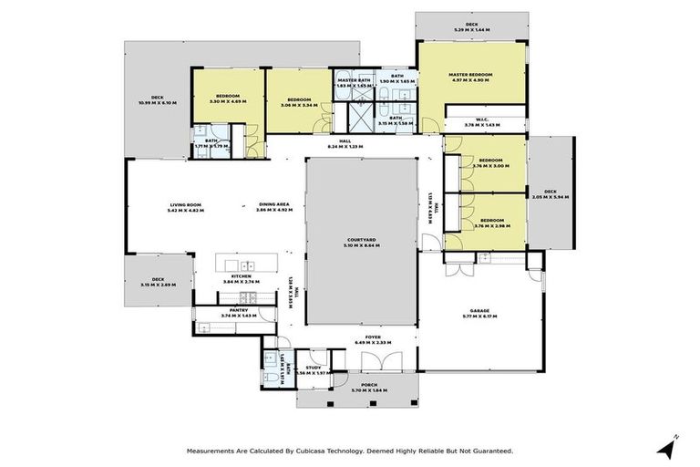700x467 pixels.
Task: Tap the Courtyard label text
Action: pos(362,239)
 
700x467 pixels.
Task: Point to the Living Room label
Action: pos(185,204)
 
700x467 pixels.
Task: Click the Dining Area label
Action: pos(273,204)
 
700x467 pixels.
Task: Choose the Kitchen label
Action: pos(241,275)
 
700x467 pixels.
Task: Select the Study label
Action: pos(314,367)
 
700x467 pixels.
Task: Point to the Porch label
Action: pos(369,385)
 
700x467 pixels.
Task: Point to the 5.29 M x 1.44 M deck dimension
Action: pos(471,30)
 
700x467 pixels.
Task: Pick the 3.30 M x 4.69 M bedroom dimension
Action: pos(227,101)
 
